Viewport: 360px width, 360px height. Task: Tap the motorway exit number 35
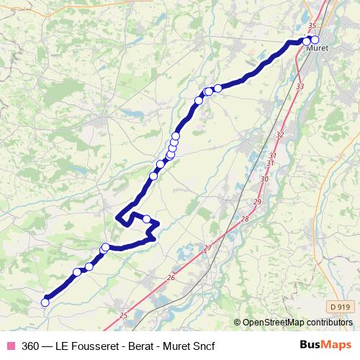click(312, 27)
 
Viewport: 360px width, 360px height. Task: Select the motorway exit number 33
click(300, 86)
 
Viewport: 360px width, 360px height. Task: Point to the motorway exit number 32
click(280, 135)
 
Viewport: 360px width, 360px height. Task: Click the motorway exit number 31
click(272, 156)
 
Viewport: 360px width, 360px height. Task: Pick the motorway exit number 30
click(265, 179)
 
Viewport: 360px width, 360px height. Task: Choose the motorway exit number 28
click(245, 220)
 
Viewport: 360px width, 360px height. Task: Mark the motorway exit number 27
click(208, 248)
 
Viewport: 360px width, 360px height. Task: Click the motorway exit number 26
click(171, 278)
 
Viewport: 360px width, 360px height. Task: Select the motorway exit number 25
click(123, 315)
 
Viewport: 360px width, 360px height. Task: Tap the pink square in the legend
click(10, 346)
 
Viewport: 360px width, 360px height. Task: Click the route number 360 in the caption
click(31, 346)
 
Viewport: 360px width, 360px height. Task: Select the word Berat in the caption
click(134, 346)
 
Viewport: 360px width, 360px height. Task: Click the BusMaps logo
click(325, 345)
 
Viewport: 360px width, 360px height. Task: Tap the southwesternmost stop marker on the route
click(45, 302)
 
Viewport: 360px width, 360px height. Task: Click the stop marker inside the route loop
click(146, 219)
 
